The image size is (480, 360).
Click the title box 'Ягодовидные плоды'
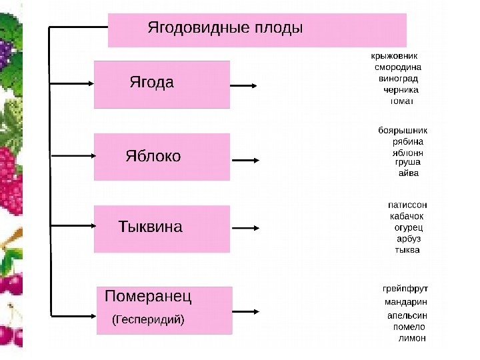[x=257, y=30]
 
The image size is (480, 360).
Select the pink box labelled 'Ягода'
[x=162, y=84]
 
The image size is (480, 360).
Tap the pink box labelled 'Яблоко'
[x=162, y=157]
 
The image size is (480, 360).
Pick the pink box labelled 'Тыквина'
[x=162, y=229]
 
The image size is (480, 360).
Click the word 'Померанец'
[x=148, y=295]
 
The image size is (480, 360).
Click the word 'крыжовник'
[x=396, y=55]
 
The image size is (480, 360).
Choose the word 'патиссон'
[x=407, y=205]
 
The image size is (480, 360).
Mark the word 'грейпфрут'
[x=405, y=289]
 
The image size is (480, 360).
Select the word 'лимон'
[x=411, y=338]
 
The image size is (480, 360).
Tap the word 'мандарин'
[x=405, y=303]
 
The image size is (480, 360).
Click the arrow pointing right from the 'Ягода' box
[x=245, y=86]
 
